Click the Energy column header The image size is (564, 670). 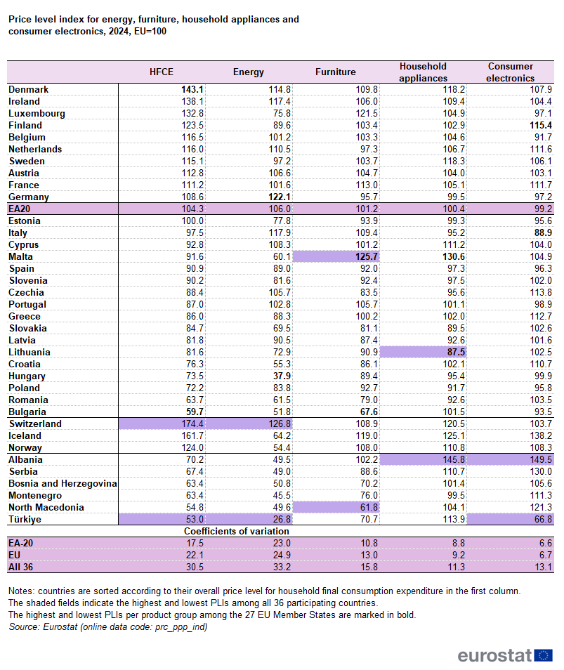pos(249,72)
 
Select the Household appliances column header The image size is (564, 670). pos(423,72)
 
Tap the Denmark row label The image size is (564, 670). pos(28,90)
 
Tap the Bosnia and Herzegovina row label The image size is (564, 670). pos(63,484)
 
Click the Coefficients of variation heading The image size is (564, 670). pos(232,532)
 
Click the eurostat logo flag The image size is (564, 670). pos(543,655)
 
